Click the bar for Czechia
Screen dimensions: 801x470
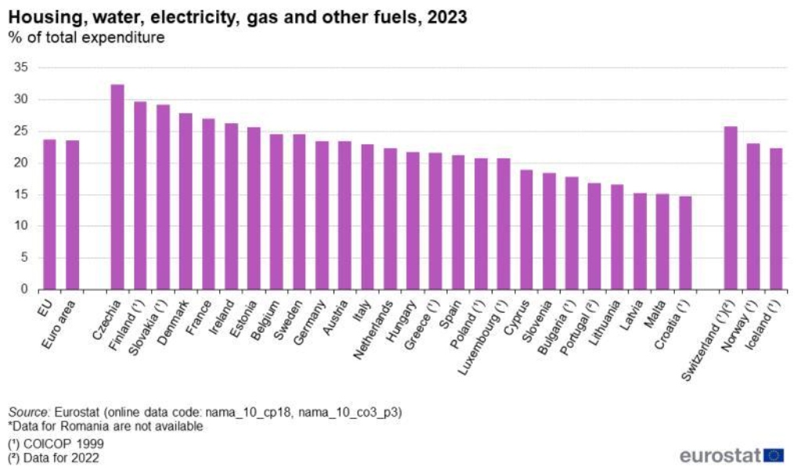(x=117, y=187)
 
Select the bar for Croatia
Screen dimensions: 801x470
(x=685, y=243)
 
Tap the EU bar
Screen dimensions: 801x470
(x=49, y=215)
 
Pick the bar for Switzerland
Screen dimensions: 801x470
(x=731, y=208)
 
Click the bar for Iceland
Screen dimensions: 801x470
(x=776, y=219)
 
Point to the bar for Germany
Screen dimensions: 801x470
(x=322, y=215)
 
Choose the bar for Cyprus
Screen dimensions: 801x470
(x=526, y=230)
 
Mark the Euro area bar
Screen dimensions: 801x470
(x=72, y=215)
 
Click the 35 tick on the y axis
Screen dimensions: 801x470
(x=21, y=67)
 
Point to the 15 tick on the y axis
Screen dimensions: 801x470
(x=21, y=194)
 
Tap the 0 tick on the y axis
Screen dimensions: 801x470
(x=24, y=289)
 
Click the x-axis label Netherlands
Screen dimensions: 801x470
(x=373, y=330)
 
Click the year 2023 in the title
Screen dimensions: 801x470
(x=447, y=17)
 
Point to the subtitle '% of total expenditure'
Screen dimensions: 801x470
(x=86, y=38)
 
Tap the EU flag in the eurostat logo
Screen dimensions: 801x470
(x=774, y=455)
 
